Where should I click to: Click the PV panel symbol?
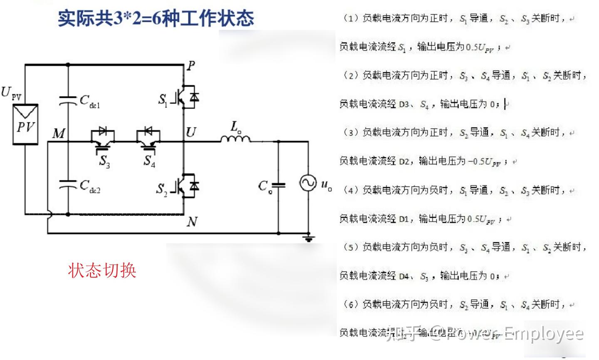(x=25, y=124)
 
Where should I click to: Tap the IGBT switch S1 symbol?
(x=187, y=97)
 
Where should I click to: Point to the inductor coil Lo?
(x=235, y=138)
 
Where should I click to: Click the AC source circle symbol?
(x=308, y=183)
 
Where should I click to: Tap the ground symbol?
(x=308, y=238)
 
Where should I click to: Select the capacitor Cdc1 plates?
(x=68, y=100)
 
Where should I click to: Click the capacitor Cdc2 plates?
(x=68, y=184)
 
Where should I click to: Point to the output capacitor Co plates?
(x=278, y=185)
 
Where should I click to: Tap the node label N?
(x=192, y=222)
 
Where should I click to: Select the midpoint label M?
(x=59, y=133)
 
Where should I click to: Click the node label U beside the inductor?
(x=191, y=132)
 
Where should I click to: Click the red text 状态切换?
(x=102, y=271)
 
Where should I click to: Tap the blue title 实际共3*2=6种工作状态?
(x=156, y=18)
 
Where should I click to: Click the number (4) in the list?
(x=351, y=190)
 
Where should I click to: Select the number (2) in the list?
(x=351, y=75)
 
